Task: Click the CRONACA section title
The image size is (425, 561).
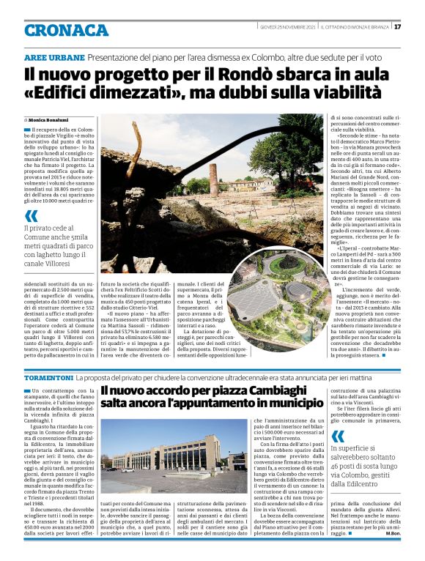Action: point(66,30)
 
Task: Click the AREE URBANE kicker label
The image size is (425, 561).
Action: point(53,57)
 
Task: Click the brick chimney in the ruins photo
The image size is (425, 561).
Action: point(213,178)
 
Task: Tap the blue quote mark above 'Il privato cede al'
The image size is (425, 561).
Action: point(31,216)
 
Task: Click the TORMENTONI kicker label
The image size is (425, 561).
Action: point(50,376)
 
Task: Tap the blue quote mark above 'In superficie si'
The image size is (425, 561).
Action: point(336,438)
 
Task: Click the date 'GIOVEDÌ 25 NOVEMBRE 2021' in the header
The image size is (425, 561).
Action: point(287,27)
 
